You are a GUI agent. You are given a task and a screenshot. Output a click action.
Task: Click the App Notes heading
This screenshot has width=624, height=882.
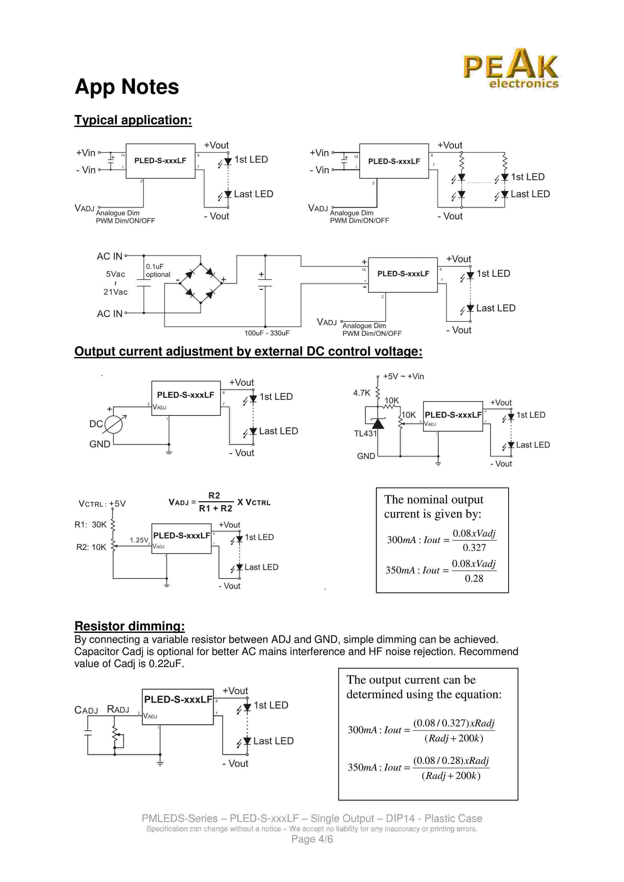pos(127,87)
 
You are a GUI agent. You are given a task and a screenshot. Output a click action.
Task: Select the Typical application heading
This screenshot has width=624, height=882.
pos(133,120)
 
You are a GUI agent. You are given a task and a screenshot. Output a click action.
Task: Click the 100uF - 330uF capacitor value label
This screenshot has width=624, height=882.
pos(267,333)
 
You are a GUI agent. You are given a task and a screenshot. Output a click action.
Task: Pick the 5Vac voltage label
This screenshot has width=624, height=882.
pos(115,274)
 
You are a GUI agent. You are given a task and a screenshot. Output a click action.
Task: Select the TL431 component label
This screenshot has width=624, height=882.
pos(365,434)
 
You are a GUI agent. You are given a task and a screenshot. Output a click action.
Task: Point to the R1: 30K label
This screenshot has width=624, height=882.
pos(90,525)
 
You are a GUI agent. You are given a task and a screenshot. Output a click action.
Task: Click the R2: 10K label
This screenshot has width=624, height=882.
pos(91,547)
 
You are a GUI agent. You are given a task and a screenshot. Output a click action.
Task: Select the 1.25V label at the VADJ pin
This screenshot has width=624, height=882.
pos(139,540)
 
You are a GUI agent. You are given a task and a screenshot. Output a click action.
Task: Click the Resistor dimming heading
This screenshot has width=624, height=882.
pos(130,626)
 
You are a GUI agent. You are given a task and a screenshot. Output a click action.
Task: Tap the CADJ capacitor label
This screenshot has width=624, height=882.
pos(86,710)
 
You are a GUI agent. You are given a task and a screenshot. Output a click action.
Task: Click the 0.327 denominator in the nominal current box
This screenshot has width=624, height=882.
pos(474,548)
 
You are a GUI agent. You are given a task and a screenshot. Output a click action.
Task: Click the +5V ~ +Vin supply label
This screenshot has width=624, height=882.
pos(403,376)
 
